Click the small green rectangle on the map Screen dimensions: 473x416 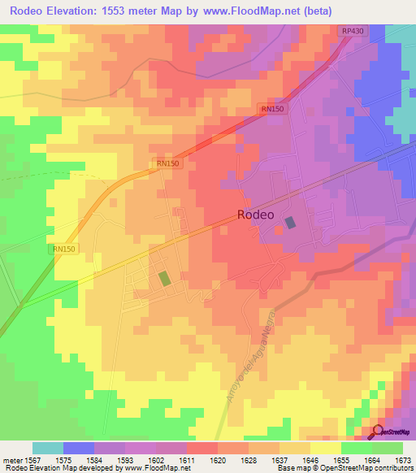[x=164, y=279]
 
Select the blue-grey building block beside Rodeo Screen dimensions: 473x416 [x=290, y=222]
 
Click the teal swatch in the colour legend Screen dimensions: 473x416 [x=48, y=448]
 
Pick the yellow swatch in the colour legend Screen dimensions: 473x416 [x=325, y=448]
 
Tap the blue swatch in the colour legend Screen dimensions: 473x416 [x=79, y=448]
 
